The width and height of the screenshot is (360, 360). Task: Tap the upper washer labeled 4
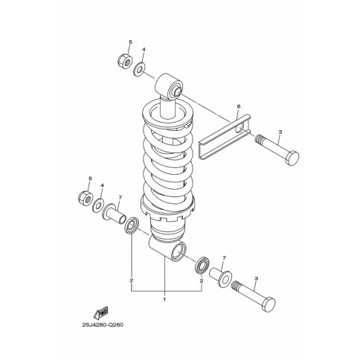(x=139, y=69)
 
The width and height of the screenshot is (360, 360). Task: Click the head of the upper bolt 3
(x=292, y=157)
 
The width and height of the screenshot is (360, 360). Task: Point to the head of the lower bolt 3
(x=269, y=305)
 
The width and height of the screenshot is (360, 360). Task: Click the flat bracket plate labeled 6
(x=225, y=137)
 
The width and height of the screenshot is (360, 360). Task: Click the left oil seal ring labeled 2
(x=132, y=225)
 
